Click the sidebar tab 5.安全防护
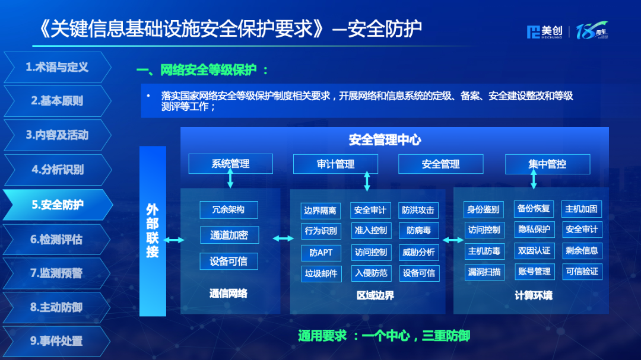click(57, 205)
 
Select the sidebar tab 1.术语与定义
click(57, 67)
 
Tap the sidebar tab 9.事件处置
click(57, 340)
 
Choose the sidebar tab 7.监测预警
click(57, 273)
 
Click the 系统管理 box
click(230, 164)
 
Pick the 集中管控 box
click(547, 164)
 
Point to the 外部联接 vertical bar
click(153, 231)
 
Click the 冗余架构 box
click(229, 209)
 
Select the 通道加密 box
click(229, 235)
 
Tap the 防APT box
click(320, 252)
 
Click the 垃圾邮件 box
click(320, 273)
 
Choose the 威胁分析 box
click(418, 252)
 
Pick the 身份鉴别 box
click(484, 209)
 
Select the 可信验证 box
click(582, 271)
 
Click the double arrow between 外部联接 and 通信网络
click(174, 240)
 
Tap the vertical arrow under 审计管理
click(367, 181)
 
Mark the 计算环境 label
click(533, 295)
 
